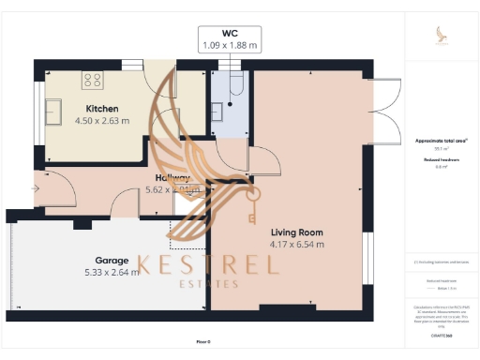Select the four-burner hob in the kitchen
[x=93, y=79]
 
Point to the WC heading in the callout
[x=231, y=31]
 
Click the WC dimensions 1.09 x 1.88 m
[x=231, y=44]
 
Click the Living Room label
[x=296, y=232]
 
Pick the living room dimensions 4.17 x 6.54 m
[x=296, y=244]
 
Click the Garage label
[x=112, y=260]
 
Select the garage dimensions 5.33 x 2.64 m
[x=112, y=273]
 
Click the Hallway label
[x=173, y=177]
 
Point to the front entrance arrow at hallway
[x=36, y=188]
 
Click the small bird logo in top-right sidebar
[x=442, y=35]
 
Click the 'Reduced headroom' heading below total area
[x=442, y=159]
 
